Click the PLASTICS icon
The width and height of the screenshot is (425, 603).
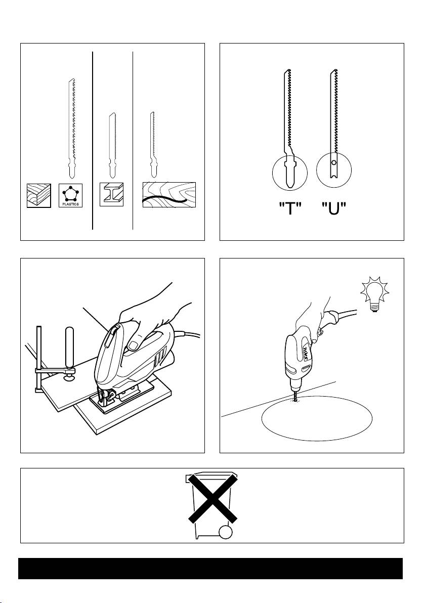pos(70,195)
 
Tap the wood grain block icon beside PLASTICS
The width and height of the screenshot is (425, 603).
pos(39,195)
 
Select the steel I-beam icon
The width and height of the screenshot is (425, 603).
pos(112,194)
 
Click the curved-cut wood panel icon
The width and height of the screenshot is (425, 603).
pos(169,195)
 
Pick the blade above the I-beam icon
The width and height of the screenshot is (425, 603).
pos(112,145)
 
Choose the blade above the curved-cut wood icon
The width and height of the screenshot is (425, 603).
pos(152,145)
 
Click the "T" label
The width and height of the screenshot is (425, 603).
pos(289,209)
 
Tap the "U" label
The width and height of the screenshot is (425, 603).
pos(334,209)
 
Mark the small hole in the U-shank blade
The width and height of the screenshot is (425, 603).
pos(334,163)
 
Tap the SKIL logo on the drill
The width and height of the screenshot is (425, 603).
pos(307,352)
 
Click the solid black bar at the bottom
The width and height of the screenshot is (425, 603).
pos(210,569)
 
